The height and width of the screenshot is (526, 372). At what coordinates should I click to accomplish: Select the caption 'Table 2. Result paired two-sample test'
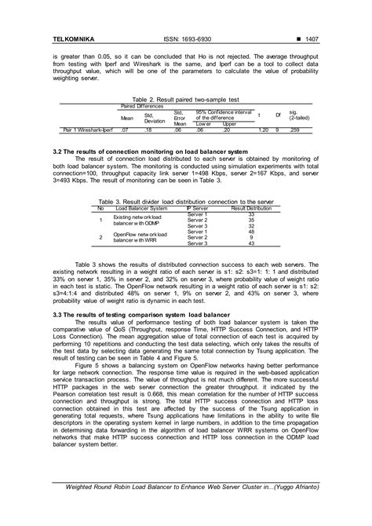tap(185, 100)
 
